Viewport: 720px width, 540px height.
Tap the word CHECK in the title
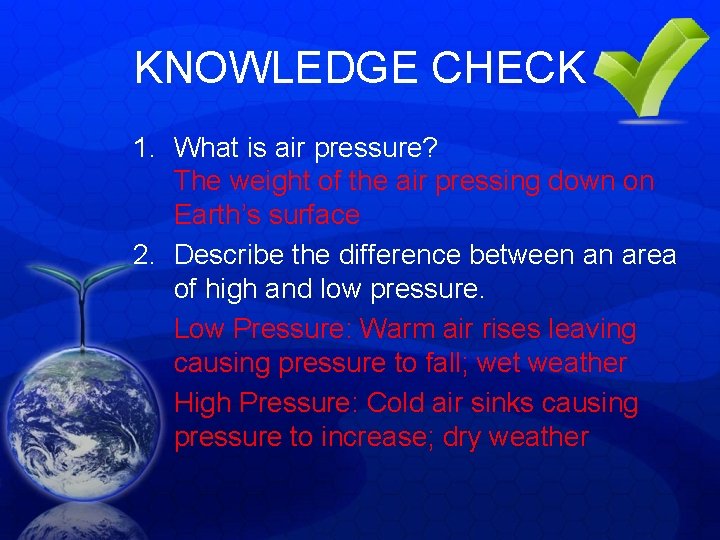tap(508, 68)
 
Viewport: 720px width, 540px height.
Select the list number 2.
tap(144, 256)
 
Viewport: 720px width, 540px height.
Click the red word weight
tap(267, 182)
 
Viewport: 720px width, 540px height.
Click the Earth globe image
tap(75, 420)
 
